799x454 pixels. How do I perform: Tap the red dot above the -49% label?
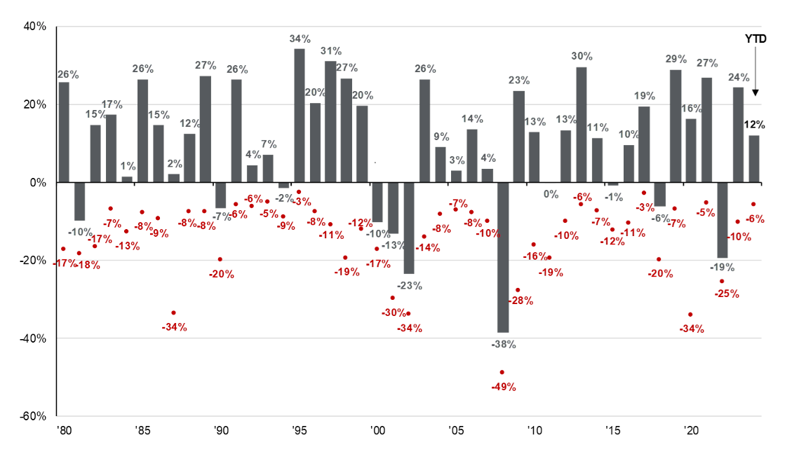click(x=502, y=372)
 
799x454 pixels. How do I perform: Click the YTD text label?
click(x=755, y=39)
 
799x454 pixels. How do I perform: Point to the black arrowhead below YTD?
click(x=756, y=92)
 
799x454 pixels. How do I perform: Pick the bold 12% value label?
click(x=754, y=124)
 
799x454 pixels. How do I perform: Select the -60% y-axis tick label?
click(x=33, y=416)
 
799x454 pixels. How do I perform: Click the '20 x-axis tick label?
click(x=691, y=429)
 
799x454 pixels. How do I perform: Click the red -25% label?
click(x=726, y=294)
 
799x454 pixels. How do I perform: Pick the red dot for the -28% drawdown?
click(x=518, y=289)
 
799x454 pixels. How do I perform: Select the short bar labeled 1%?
click(x=127, y=179)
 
